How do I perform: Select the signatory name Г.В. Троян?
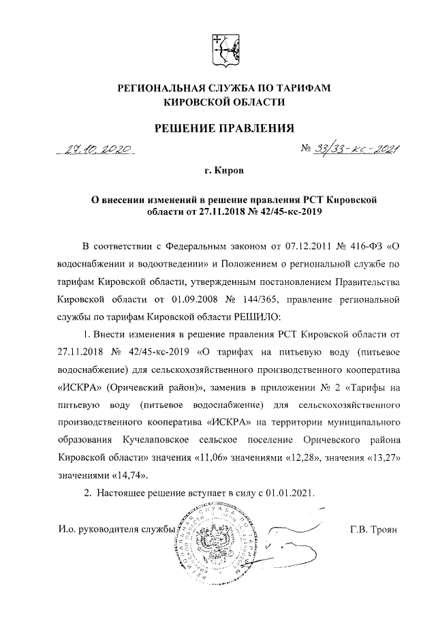(x=371, y=530)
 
